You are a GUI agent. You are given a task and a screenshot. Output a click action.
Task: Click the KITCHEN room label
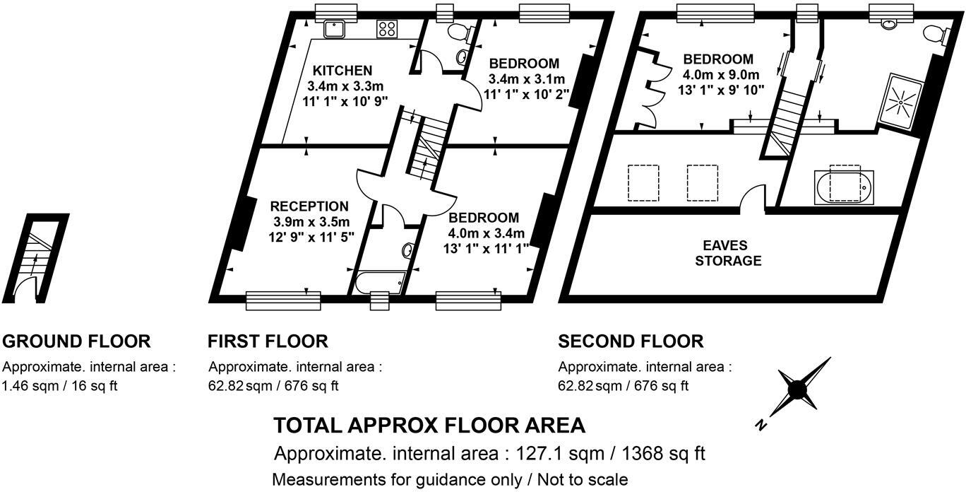coord(342,71)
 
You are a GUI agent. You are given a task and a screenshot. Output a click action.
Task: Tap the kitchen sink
coord(333,28)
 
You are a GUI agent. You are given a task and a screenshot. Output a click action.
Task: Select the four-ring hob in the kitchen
coord(387,28)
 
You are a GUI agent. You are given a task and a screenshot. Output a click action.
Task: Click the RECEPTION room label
coord(309,206)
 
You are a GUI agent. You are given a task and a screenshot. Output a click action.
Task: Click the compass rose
coord(798,388)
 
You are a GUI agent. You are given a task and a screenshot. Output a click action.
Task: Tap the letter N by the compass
coord(761,425)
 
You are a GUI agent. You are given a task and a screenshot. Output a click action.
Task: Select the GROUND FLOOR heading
coord(76,341)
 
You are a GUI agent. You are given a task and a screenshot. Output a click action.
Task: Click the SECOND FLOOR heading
coord(631,341)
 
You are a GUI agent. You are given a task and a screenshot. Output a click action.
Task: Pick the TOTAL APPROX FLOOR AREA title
coord(429,425)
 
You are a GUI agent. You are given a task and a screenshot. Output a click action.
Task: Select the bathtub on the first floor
coord(380,283)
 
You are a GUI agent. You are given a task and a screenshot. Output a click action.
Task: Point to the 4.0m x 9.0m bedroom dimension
coord(720,75)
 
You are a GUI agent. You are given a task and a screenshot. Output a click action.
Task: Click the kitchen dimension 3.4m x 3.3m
coord(345,86)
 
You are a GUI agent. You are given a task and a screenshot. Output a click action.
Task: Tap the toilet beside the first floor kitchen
coord(460,31)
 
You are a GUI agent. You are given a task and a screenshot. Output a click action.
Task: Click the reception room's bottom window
coord(283,300)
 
